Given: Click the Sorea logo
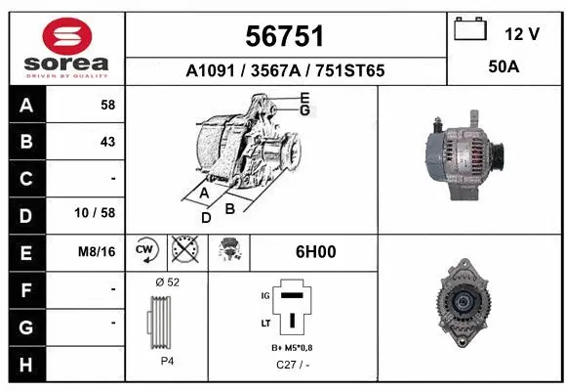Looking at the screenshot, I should pos(65,48).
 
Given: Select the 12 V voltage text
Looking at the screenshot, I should pos(522,34).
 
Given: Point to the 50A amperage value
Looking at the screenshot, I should pos(502,69).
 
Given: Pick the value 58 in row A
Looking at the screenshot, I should pos(107,105).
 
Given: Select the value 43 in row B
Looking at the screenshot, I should pos(107,142).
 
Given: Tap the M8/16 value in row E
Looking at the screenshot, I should pos(98,252).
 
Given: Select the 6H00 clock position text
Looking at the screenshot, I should pos(315,252).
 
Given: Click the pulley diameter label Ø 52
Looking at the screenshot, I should pos(167,282).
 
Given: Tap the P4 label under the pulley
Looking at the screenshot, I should pos(167,361).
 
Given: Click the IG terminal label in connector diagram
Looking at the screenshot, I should pos(263,293).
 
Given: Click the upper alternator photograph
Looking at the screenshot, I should pos(458,154).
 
